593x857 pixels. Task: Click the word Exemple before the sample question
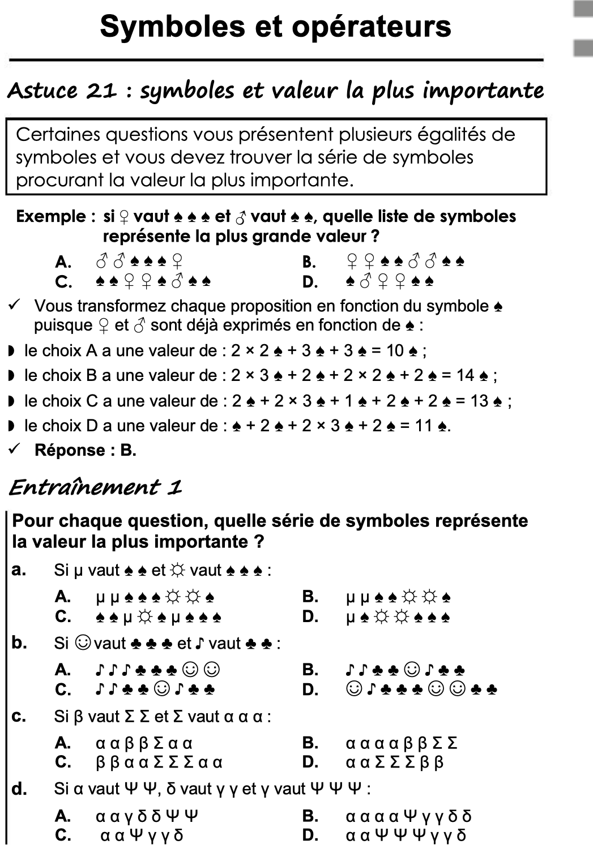[x=51, y=216]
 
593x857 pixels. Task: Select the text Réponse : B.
[x=85, y=450]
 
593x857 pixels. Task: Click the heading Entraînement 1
[x=95, y=487]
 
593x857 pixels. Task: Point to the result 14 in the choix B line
[x=465, y=375]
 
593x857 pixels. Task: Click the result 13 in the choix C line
[x=479, y=401]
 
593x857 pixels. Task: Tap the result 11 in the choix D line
[x=424, y=426]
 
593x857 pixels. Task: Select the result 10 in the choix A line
[x=395, y=351]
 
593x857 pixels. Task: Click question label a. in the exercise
[x=19, y=569]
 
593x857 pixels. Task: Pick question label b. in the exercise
[x=19, y=642]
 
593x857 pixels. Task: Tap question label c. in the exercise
[x=19, y=716]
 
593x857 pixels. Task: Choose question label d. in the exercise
[x=19, y=789]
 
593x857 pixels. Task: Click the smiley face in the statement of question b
[x=83, y=643]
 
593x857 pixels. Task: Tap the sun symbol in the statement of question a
[x=178, y=570]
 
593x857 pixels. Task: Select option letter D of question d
[x=310, y=835]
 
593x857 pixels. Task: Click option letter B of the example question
[x=309, y=262]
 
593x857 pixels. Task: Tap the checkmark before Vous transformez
[x=15, y=306]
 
